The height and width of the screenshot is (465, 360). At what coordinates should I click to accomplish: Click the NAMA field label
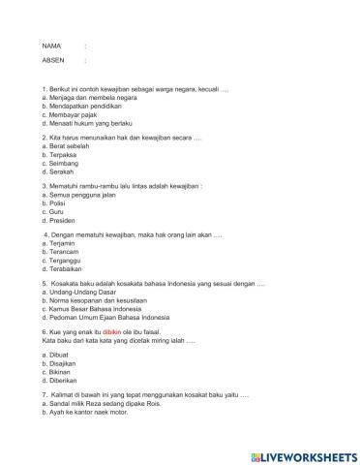(51, 46)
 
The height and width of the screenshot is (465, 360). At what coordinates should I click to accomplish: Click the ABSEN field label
(52, 60)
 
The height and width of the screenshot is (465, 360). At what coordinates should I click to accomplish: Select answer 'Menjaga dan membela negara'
(84, 98)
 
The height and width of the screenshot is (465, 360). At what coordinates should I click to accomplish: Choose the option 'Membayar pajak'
(70, 114)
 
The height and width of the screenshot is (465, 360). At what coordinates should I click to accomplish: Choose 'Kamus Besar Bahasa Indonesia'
(92, 307)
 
